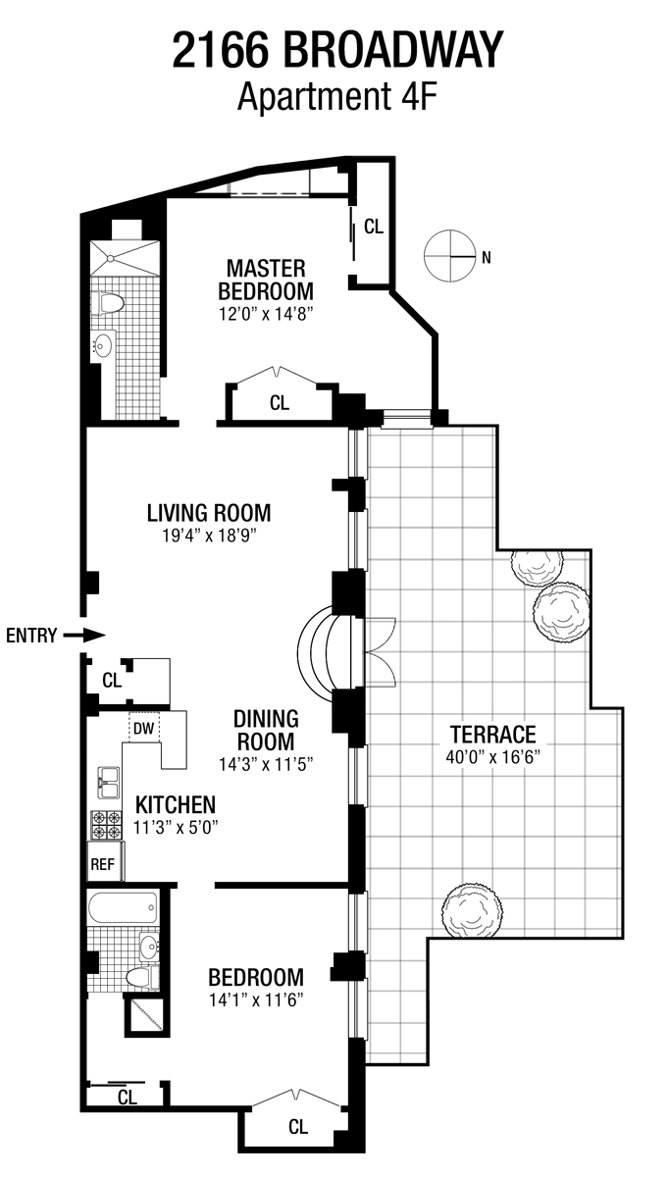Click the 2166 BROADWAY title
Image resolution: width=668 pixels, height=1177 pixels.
click(x=337, y=50)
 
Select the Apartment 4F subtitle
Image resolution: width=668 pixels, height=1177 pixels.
click(x=336, y=96)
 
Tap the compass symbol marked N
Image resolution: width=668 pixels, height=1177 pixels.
click(x=448, y=256)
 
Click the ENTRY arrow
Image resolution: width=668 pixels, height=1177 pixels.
click(x=84, y=636)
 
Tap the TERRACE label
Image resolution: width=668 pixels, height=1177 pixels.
click(x=492, y=734)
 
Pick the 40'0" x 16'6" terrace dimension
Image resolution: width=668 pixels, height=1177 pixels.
click(x=492, y=757)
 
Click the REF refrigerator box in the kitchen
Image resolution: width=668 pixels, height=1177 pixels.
click(x=102, y=864)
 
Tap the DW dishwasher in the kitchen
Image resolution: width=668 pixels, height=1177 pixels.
click(x=143, y=728)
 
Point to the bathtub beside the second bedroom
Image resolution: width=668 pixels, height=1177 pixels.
click(x=124, y=908)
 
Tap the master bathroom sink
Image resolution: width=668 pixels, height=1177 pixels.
click(x=103, y=345)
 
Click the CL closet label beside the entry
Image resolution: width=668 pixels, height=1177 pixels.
click(x=112, y=679)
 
